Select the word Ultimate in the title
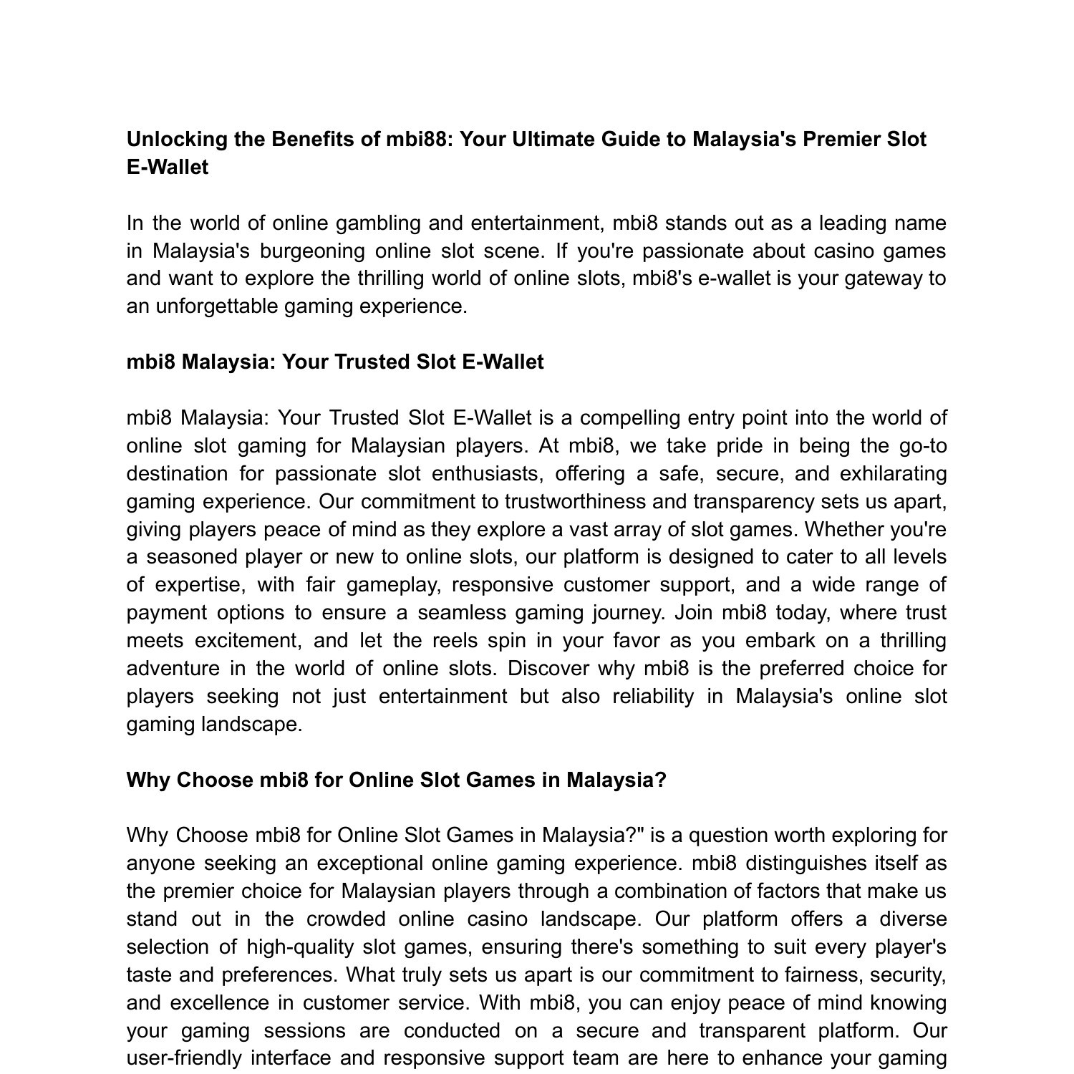(553, 140)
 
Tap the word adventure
(172, 669)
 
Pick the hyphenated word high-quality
(300, 947)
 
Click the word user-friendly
(183, 1058)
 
